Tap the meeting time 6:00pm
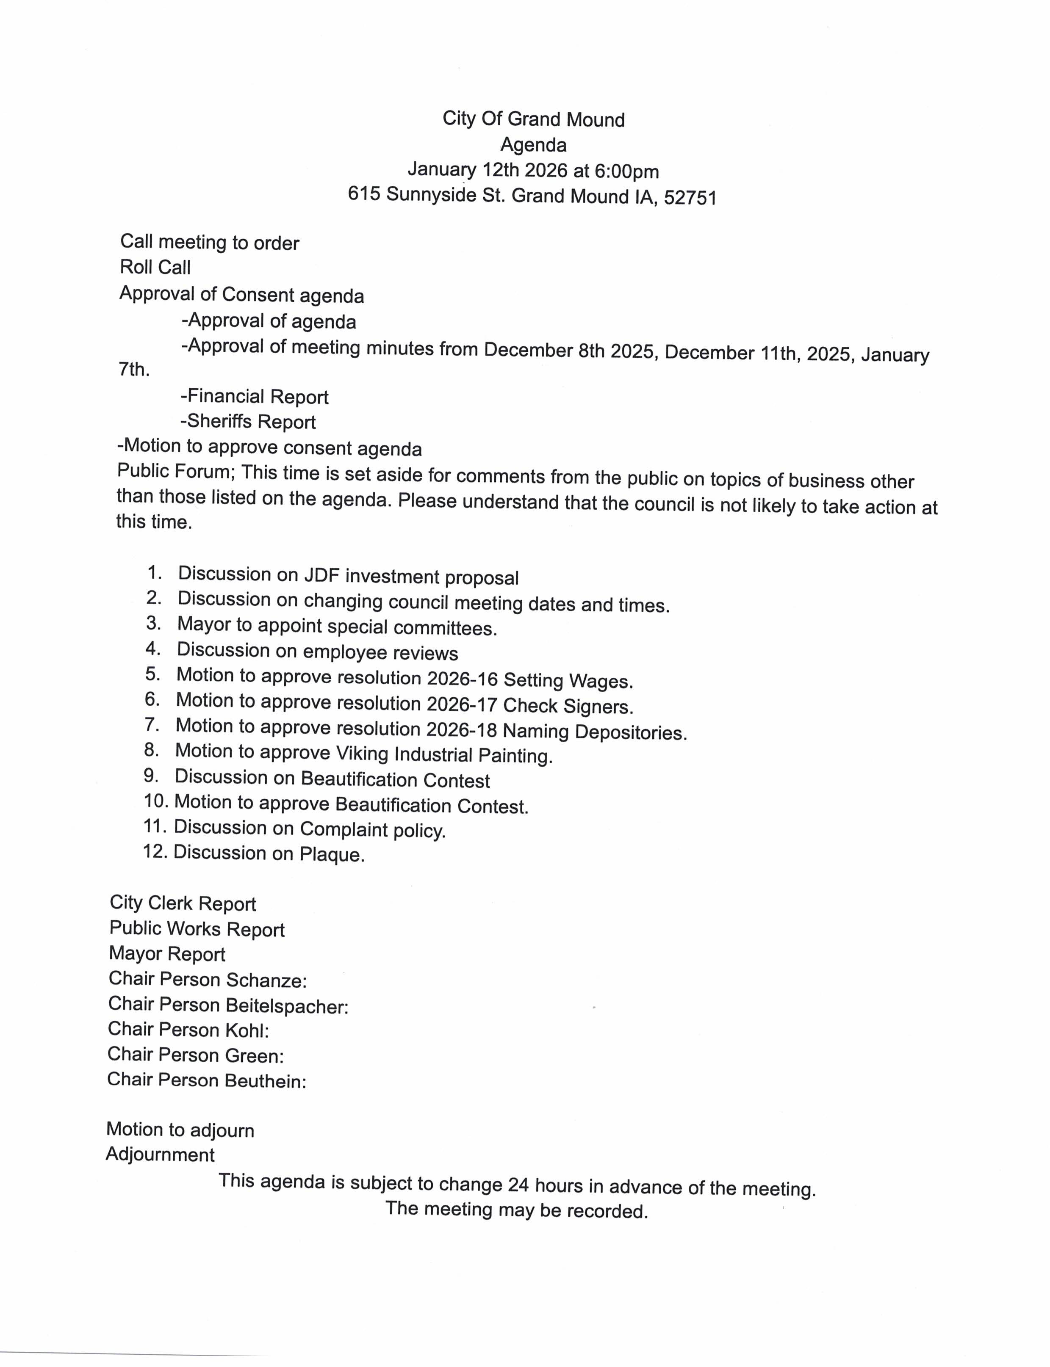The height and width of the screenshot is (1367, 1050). (627, 171)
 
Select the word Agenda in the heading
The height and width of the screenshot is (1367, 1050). (533, 145)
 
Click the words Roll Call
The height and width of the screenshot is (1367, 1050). (155, 268)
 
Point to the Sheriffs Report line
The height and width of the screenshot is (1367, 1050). (248, 422)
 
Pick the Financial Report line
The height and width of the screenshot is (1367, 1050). (255, 397)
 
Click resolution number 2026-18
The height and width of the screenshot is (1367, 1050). (461, 730)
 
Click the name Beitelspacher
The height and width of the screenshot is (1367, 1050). (286, 1006)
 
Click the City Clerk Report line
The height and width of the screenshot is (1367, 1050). (183, 903)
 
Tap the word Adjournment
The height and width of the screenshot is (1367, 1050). (160, 1154)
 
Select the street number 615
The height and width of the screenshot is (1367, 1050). (364, 194)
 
